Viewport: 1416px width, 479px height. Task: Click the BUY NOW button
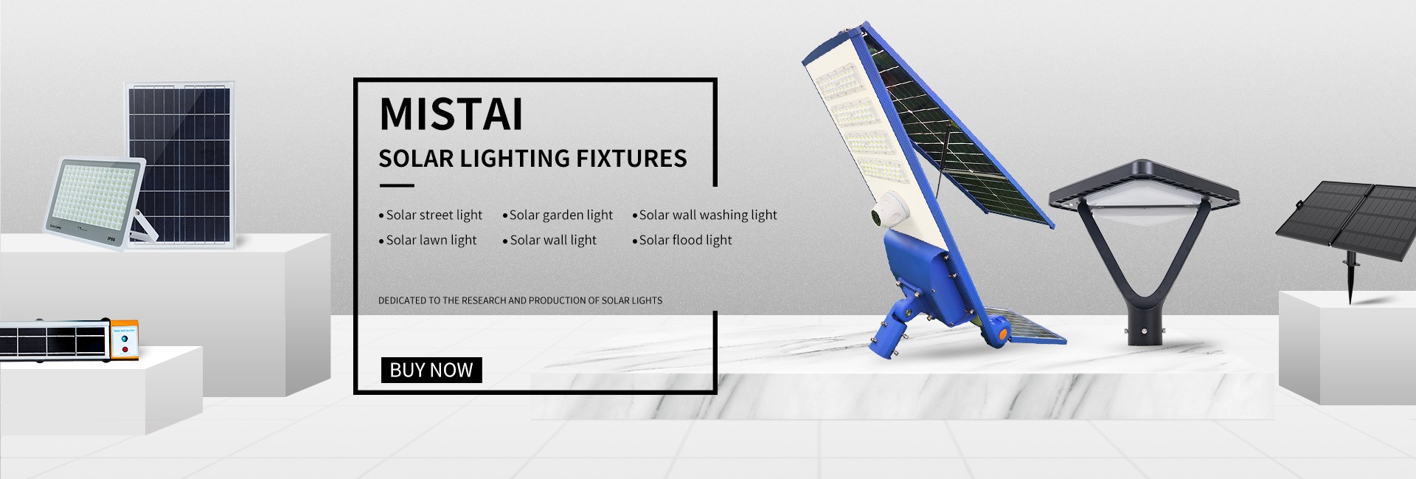pyautogui.click(x=431, y=370)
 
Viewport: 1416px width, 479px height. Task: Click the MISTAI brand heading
pyautogui.click(x=451, y=114)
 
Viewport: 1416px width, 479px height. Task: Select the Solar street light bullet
pyautogui.click(x=430, y=215)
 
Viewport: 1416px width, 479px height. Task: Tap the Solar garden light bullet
pyautogui.click(x=558, y=215)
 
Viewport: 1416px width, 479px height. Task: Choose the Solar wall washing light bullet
pyautogui.click(x=704, y=215)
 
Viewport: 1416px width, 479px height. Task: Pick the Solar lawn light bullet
pyautogui.click(x=428, y=240)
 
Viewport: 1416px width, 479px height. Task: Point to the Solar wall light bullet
pyautogui.click(x=549, y=240)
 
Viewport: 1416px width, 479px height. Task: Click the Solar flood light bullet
pyautogui.click(x=682, y=240)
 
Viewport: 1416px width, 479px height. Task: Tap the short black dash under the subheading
pyautogui.click(x=396, y=186)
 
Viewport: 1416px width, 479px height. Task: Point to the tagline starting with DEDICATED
pyautogui.click(x=520, y=300)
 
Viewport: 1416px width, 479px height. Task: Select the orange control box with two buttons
pyautogui.click(x=125, y=341)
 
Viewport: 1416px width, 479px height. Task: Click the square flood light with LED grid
pyautogui.click(x=94, y=204)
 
